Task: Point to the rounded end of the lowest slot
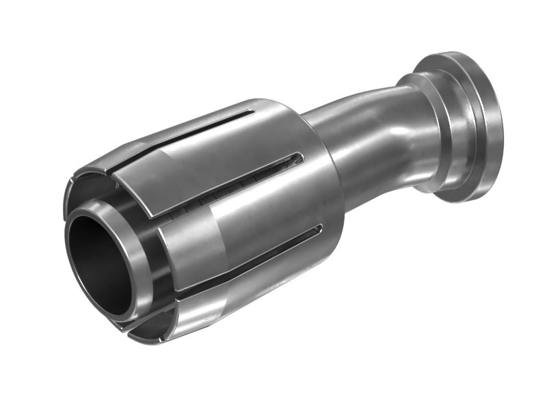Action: point(318,229)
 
